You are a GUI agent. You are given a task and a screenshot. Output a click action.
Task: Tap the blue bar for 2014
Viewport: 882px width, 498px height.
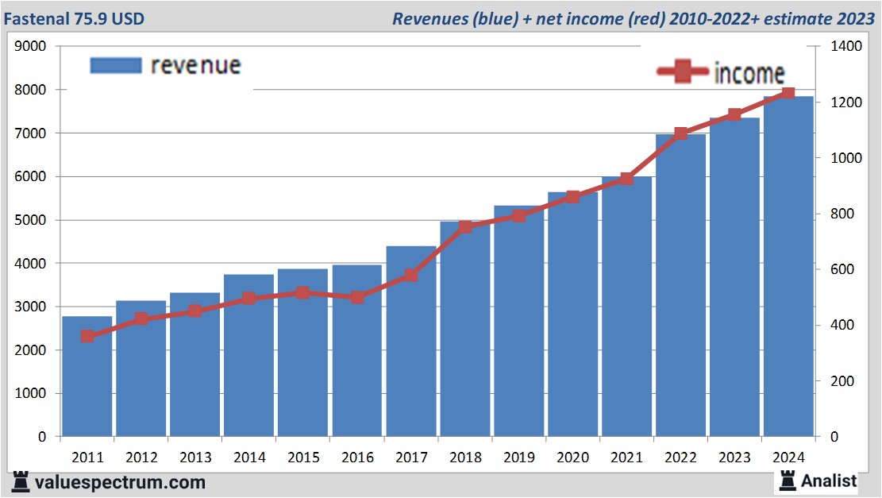(x=249, y=357)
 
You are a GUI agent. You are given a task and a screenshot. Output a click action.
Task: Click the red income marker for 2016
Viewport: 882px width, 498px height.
(x=357, y=297)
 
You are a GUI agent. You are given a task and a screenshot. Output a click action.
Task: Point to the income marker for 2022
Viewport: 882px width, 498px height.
(x=681, y=133)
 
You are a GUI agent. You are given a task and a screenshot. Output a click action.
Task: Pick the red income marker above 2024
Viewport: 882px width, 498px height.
(x=788, y=94)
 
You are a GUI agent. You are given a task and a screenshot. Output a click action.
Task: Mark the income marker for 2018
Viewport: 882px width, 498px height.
(x=465, y=226)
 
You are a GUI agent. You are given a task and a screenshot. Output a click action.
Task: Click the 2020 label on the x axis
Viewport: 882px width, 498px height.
(x=572, y=458)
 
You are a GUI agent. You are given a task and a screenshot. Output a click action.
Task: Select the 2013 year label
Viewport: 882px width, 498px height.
(x=195, y=458)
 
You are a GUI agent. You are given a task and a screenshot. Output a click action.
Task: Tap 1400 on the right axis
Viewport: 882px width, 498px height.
(x=845, y=47)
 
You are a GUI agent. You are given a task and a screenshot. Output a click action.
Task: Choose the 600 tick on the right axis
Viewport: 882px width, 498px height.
(x=841, y=270)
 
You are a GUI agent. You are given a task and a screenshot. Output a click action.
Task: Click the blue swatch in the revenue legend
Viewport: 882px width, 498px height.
(x=116, y=65)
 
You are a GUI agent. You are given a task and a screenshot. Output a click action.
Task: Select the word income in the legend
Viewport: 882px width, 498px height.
(x=749, y=73)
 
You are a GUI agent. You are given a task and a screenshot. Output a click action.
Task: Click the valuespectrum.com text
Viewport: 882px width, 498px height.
(x=119, y=482)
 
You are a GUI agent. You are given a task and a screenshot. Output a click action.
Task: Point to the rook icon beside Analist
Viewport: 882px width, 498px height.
(x=788, y=480)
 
